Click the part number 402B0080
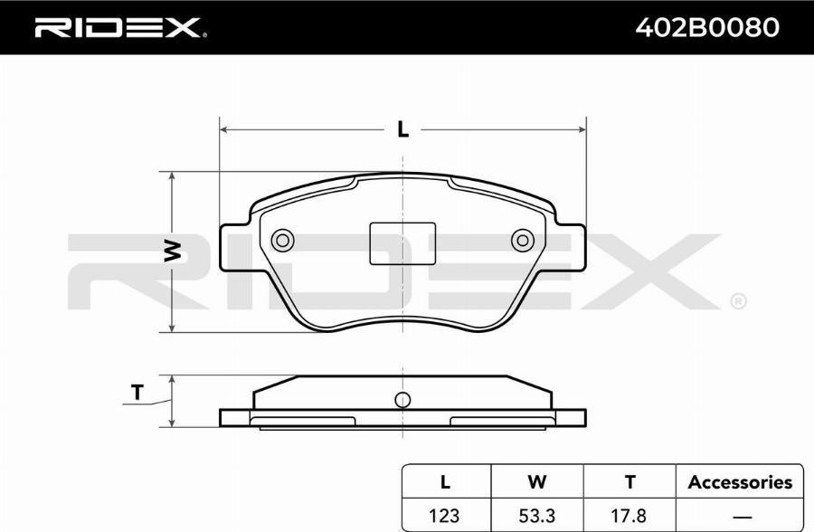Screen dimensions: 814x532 pos(707,27)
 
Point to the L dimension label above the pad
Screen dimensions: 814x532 pos(402,129)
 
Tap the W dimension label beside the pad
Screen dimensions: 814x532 pos(173,251)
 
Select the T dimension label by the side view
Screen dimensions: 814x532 pos(137,393)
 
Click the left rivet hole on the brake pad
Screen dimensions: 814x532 pos(283,241)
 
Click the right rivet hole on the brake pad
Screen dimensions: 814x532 pos(523,241)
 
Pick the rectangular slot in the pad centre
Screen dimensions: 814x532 pos(402,243)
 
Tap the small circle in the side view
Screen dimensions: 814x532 pos(402,400)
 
